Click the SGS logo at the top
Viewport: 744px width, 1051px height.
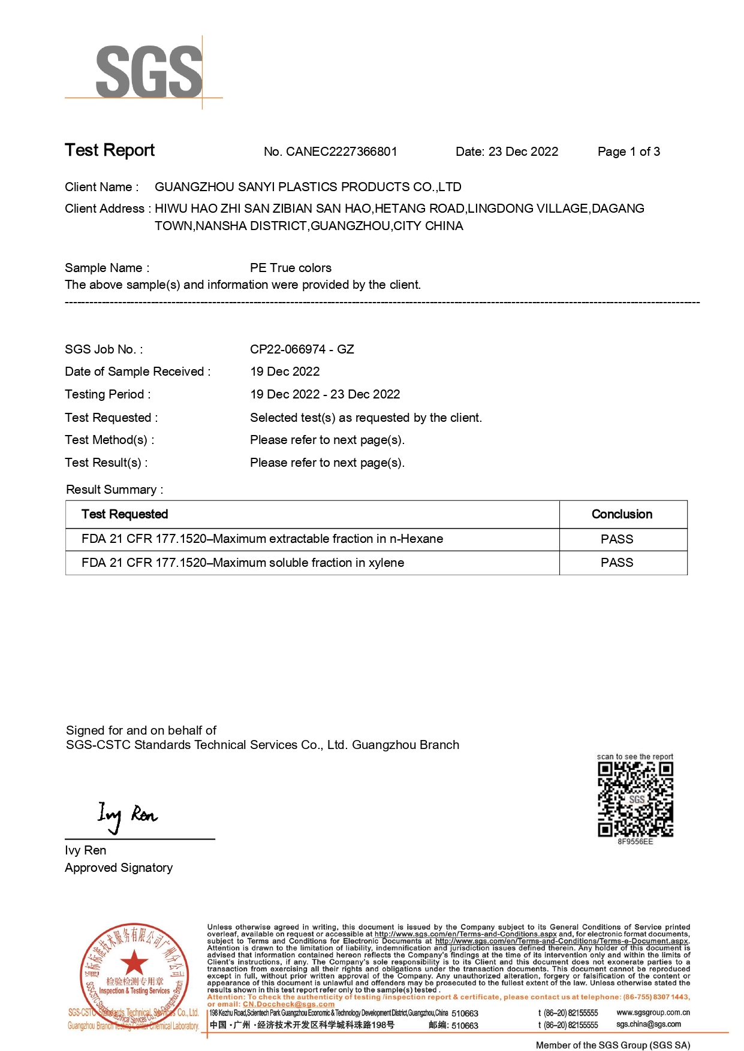click(x=149, y=72)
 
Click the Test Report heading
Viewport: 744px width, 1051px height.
click(x=110, y=150)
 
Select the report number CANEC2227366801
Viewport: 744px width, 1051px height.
click(x=341, y=152)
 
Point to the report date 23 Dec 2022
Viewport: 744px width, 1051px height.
click(x=523, y=152)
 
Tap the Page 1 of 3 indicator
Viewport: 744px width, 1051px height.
click(x=628, y=152)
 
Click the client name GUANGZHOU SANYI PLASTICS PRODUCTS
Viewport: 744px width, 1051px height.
click(x=308, y=187)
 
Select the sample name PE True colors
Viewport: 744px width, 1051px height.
click(x=290, y=268)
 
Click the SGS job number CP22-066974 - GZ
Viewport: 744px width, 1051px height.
click(x=302, y=349)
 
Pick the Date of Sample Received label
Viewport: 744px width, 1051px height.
click(x=137, y=372)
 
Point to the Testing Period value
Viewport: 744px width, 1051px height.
click(x=324, y=394)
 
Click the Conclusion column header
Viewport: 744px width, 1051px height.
click(x=622, y=514)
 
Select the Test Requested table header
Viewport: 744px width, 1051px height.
click(x=125, y=514)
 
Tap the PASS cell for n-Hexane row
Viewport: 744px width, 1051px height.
click(x=617, y=539)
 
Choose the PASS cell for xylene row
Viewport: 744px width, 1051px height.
click(x=617, y=563)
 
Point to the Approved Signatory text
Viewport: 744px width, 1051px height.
click(x=119, y=868)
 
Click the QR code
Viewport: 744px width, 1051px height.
click(x=635, y=799)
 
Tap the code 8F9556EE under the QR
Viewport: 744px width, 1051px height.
click(x=635, y=842)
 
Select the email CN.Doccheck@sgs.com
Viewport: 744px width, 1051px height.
click(x=288, y=1004)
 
